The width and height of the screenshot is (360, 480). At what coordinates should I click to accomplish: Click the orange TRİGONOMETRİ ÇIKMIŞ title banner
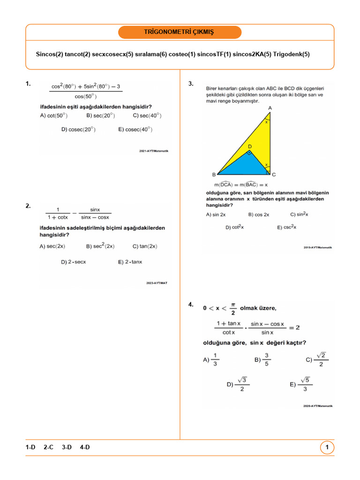tap(180, 32)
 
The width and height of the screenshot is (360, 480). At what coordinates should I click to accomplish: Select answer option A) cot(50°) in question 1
tap(54, 115)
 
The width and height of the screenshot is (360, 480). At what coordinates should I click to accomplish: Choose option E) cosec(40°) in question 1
tap(135, 129)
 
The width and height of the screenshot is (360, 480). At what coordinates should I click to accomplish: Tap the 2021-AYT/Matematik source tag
tap(153, 151)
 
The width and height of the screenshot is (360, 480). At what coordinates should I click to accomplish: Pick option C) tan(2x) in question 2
tap(145, 246)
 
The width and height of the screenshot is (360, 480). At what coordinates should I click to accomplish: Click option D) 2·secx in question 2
tap(74, 262)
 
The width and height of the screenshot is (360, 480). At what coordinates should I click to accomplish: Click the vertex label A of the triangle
tap(270, 108)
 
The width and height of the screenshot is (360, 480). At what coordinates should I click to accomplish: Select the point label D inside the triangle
tap(250, 147)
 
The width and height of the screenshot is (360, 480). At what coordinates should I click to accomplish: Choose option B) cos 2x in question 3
tap(259, 215)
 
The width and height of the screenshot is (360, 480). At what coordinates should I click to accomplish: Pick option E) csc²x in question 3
tap(286, 227)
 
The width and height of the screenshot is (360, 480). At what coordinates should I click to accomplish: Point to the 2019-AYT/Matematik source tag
tap(317, 247)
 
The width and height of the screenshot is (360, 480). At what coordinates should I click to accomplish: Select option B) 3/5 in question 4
tap(262, 360)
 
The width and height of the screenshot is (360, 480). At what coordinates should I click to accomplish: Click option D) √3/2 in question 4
tap(238, 384)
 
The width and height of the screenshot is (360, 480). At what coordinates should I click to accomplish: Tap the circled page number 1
tap(327, 448)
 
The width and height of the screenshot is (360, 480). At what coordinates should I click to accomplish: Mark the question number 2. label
tap(28, 206)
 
